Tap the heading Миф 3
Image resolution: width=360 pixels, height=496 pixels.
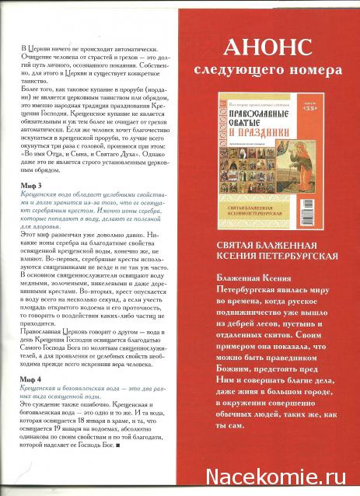(x=30, y=189)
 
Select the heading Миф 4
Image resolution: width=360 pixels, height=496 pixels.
(x=30, y=376)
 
